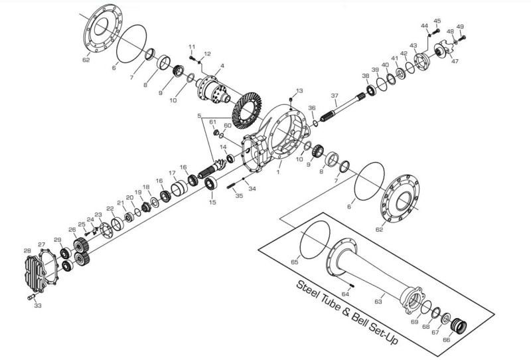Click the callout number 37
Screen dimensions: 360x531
335,95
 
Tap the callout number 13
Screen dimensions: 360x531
299,90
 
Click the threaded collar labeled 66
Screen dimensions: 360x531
458,327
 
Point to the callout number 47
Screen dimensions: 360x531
455,61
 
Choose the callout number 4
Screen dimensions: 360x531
222,66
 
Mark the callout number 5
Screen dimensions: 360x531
198,117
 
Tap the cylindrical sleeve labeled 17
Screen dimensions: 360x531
179,189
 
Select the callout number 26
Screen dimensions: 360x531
72,231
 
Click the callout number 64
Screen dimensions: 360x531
345,294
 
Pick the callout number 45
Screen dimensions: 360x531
437,21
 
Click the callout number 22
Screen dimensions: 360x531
110,209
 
